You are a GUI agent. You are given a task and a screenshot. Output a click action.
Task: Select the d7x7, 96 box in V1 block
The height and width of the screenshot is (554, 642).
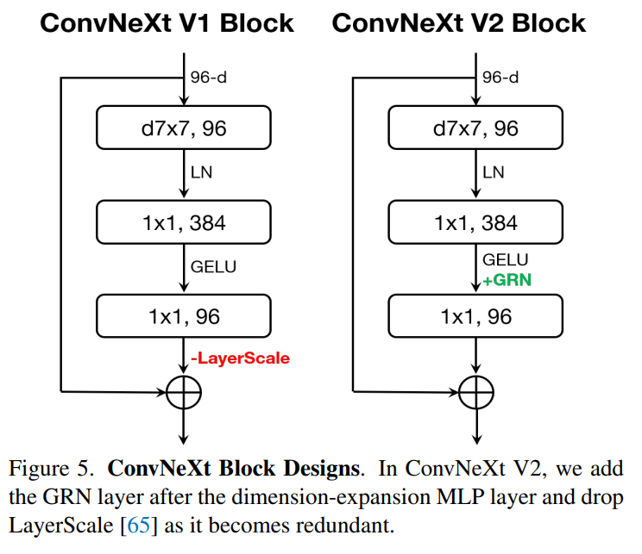184,129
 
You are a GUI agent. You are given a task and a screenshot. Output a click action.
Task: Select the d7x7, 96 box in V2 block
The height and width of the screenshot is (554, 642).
475,129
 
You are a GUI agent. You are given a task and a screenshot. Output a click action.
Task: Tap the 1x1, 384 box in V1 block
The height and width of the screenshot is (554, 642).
184,222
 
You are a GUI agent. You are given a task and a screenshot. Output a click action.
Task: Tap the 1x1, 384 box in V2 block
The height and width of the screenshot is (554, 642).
475,222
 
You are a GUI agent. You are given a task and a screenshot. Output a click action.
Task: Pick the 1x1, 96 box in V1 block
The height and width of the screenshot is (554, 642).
184,315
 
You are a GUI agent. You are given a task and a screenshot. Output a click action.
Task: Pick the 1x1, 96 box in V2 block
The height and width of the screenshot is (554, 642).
475,315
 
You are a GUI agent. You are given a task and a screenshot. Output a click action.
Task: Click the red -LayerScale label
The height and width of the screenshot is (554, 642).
241,358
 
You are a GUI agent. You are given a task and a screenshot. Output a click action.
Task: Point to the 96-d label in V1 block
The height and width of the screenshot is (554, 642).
210,78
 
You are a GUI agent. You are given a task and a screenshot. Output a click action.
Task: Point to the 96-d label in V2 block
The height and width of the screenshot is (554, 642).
501,78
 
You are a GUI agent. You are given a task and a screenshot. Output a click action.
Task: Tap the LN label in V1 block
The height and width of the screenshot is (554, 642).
202,173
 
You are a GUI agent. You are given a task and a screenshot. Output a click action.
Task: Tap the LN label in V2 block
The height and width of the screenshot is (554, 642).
494,173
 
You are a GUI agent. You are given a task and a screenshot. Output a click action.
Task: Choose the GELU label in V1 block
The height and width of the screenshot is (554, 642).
213,267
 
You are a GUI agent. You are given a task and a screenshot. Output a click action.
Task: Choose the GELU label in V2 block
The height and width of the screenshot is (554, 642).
506,259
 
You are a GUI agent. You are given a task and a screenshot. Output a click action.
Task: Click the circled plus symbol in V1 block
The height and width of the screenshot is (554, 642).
185,393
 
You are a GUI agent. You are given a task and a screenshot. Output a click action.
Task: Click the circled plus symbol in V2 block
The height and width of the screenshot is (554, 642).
476,393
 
